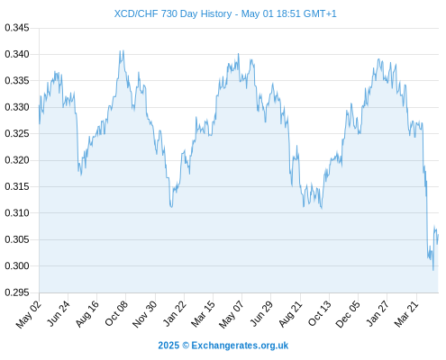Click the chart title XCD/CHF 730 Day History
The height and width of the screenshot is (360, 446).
point(173,13)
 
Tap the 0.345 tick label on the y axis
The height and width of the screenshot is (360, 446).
point(17,28)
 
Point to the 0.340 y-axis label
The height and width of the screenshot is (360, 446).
point(17,54)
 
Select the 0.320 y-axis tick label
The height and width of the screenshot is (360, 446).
point(17,160)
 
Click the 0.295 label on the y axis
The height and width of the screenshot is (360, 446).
point(17,292)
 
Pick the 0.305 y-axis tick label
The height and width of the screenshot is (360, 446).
point(17,239)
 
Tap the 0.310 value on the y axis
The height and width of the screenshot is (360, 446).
point(17,213)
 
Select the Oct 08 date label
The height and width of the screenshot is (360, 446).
point(116,313)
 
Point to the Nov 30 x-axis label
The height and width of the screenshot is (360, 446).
point(145,314)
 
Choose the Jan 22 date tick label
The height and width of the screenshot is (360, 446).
point(175,313)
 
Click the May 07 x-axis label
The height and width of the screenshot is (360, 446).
point(231,314)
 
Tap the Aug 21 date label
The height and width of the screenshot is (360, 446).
point(290,314)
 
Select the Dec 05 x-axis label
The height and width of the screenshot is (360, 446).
point(348,314)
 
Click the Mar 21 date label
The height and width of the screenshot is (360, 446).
point(406,314)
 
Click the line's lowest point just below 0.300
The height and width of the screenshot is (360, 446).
point(433,270)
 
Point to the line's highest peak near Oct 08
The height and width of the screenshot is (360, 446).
point(123,50)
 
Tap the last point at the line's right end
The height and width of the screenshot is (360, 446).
point(438,235)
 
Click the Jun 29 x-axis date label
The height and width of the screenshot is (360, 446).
point(261,313)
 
